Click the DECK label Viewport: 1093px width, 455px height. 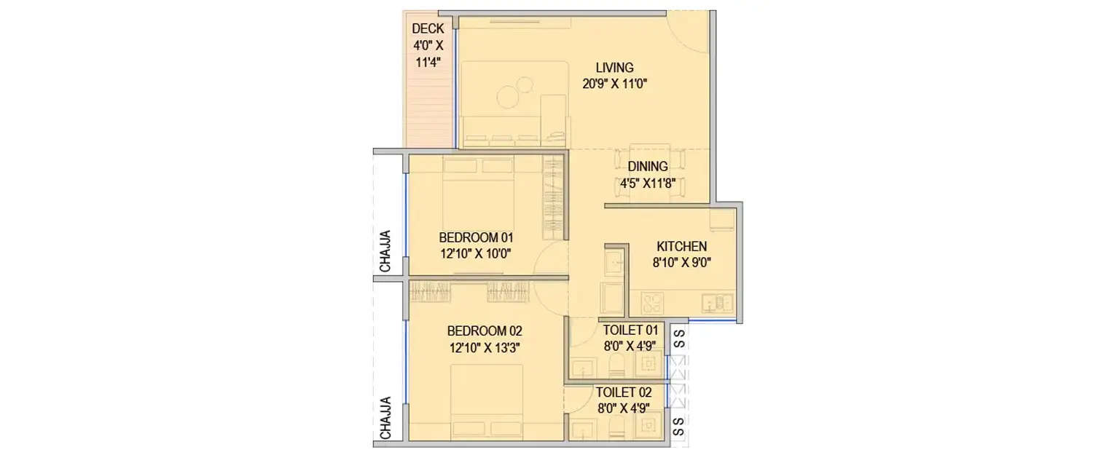coord(428,29)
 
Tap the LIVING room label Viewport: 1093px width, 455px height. coord(615,68)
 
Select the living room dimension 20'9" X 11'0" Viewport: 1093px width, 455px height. coord(615,84)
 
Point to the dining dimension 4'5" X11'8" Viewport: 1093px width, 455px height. coord(651,183)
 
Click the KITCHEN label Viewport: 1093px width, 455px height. coord(681,246)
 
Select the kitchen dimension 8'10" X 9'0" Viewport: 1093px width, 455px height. coord(681,262)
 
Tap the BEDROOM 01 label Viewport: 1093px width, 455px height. coord(476,237)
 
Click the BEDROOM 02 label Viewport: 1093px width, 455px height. coord(485,331)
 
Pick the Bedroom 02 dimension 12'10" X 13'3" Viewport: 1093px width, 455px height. coord(485,347)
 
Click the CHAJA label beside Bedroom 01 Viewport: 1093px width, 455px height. coord(385,251)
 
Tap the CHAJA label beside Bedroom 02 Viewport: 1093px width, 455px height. coord(385,418)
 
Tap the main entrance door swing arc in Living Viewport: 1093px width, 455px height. coord(689,33)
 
